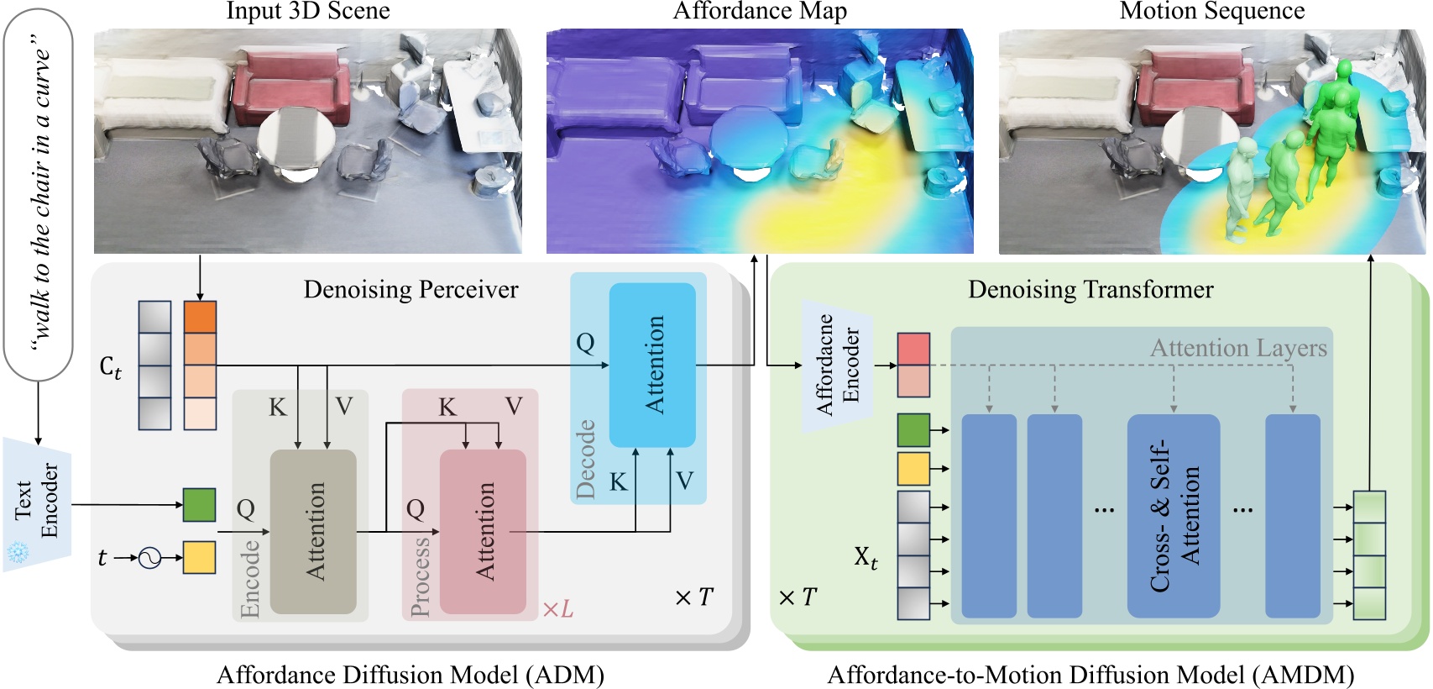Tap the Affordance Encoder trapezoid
click(x=836, y=366)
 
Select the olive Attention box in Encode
click(x=313, y=531)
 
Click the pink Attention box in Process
click(x=483, y=531)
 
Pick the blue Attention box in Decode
click(x=652, y=365)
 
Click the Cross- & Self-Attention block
click(x=1173, y=515)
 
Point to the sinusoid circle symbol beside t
click(x=149, y=557)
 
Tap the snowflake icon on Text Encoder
click(x=18, y=553)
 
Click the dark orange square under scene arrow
click(x=200, y=317)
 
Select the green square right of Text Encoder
click(x=200, y=505)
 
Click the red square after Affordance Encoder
click(x=913, y=349)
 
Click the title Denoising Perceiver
click(x=411, y=290)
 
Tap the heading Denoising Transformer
click(x=1090, y=290)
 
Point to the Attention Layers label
click(x=1238, y=348)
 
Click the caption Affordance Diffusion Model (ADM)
click(x=411, y=675)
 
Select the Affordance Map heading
click(x=760, y=11)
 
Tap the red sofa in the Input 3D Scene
click(x=290, y=85)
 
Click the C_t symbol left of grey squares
click(x=111, y=367)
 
